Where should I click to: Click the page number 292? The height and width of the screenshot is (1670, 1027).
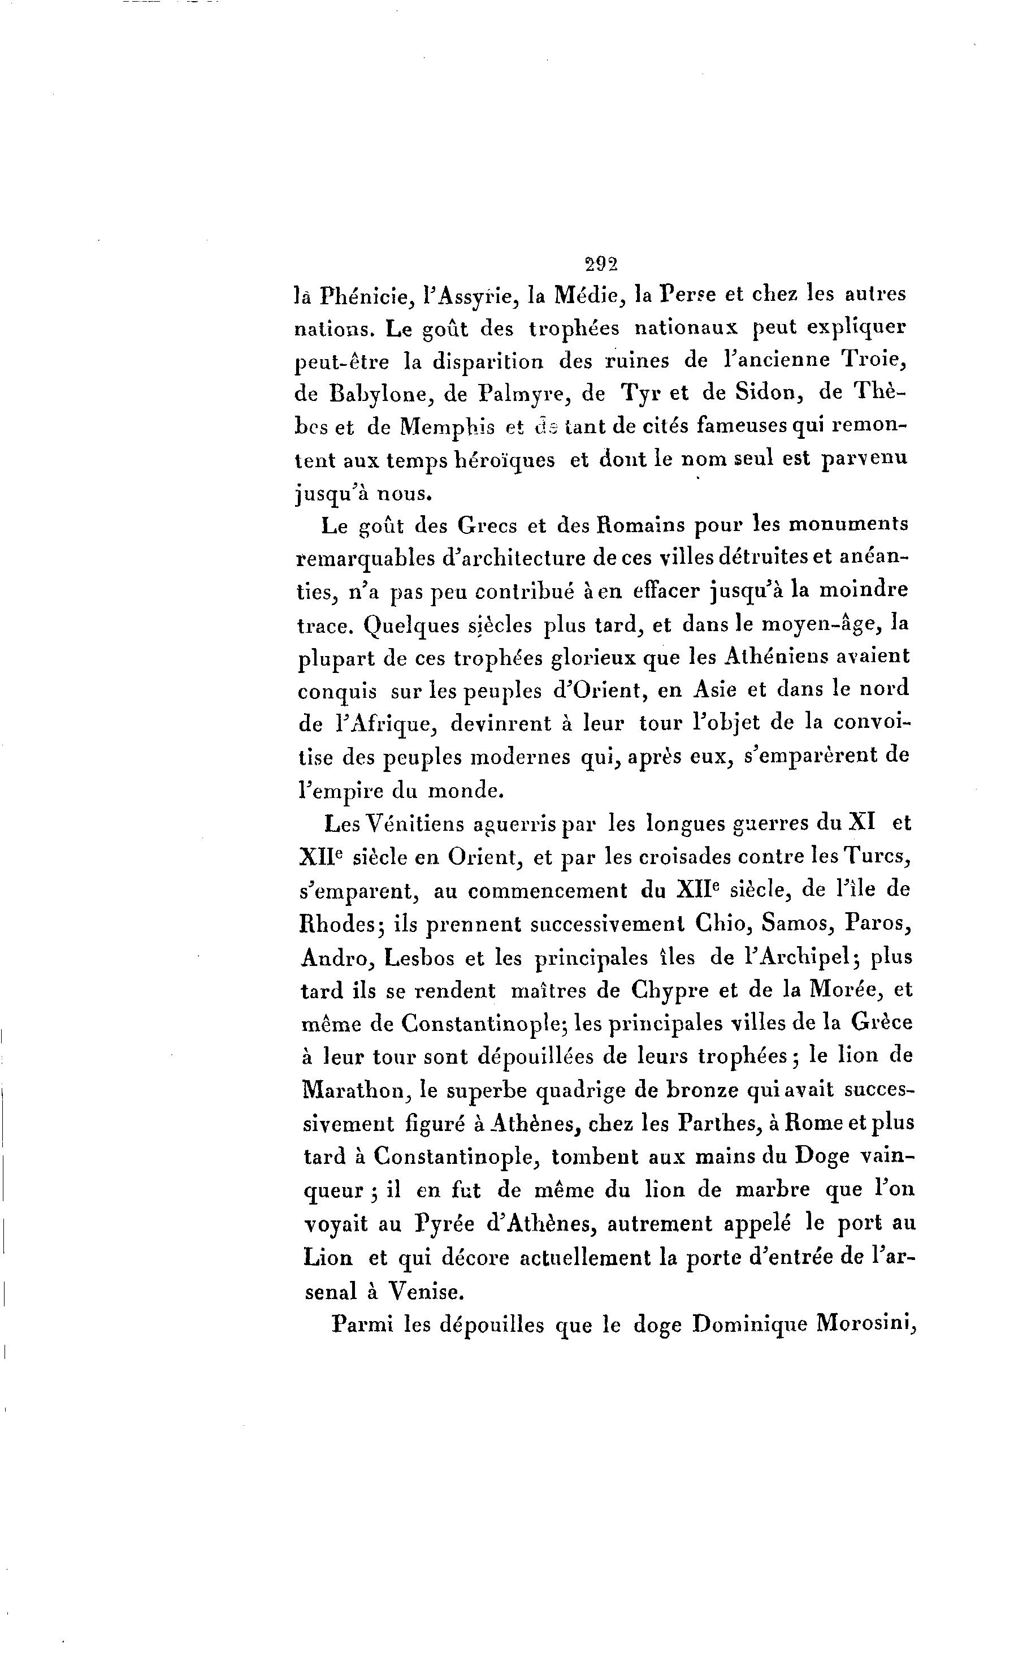pos(600,264)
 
